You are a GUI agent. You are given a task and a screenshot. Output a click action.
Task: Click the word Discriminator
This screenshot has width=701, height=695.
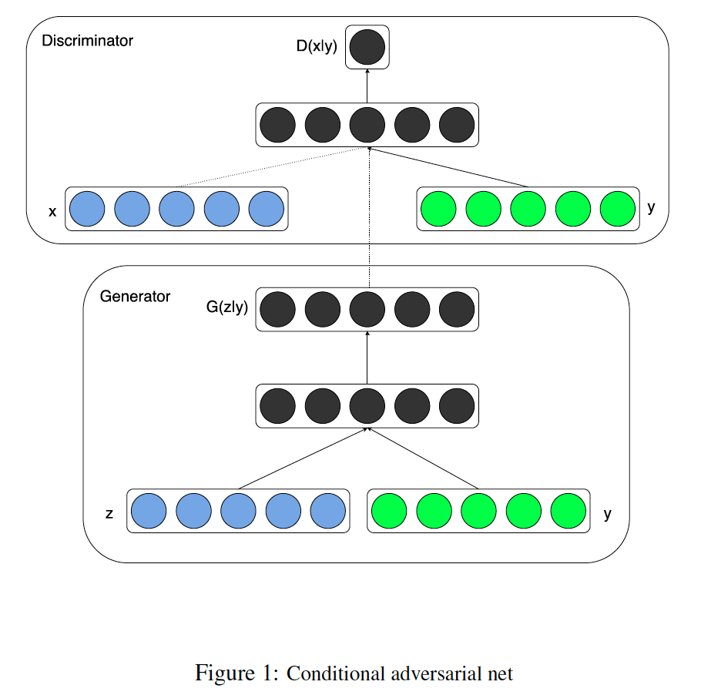pyautogui.click(x=87, y=41)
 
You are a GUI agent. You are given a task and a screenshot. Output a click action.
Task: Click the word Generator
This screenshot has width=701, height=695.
pyautogui.click(x=135, y=297)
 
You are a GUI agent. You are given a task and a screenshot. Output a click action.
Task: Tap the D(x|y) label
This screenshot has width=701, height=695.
pyautogui.click(x=317, y=46)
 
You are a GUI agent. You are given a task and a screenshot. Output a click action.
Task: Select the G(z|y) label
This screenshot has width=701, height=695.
pyautogui.click(x=226, y=307)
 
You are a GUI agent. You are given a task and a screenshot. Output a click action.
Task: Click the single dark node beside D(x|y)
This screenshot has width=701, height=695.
pyautogui.click(x=367, y=47)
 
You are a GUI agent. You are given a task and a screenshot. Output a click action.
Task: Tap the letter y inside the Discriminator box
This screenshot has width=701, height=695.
pyautogui.click(x=651, y=207)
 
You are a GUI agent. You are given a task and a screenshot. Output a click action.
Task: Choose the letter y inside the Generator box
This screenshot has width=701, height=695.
pyautogui.click(x=607, y=514)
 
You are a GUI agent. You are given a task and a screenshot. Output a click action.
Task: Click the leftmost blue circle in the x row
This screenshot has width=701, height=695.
pyautogui.click(x=87, y=209)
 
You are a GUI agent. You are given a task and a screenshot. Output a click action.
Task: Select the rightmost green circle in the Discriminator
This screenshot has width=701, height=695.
pyautogui.click(x=617, y=209)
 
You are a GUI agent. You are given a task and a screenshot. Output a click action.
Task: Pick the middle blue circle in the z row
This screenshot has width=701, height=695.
pyautogui.click(x=238, y=511)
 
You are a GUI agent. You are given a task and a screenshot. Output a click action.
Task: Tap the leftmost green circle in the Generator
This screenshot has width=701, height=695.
pyautogui.click(x=389, y=511)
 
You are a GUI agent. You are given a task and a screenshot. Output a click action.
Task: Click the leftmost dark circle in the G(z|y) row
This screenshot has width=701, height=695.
pyautogui.click(x=278, y=310)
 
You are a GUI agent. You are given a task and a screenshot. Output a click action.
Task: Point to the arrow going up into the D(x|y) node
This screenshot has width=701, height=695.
pyautogui.click(x=367, y=86)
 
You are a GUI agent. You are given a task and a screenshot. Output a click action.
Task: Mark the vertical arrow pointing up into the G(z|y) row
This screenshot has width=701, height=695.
pyautogui.click(x=367, y=358)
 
